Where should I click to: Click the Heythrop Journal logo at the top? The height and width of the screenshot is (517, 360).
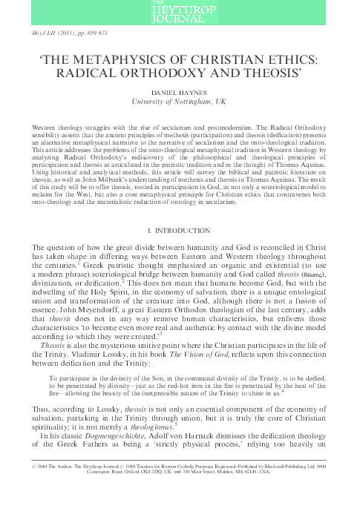click(x=180, y=11)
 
